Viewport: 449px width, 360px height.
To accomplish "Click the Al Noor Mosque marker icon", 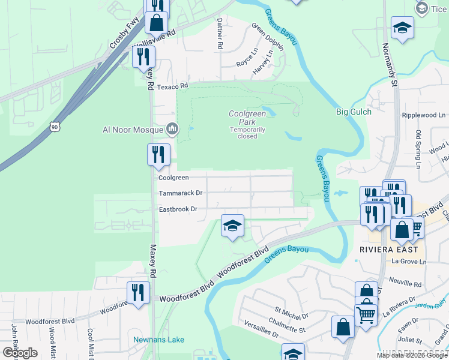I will [172, 129].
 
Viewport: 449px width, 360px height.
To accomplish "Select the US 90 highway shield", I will [55, 127].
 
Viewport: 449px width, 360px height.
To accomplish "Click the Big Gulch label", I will [354, 112].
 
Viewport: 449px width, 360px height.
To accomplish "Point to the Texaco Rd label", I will [173, 87].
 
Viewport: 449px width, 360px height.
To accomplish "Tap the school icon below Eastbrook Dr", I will [233, 226].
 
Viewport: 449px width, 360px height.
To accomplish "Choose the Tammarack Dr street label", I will [181, 193].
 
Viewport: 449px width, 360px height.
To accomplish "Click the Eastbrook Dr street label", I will [178, 209].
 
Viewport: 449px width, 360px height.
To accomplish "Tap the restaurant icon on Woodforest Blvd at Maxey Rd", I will [138, 292].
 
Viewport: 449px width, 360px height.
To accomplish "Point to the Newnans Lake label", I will [158, 340].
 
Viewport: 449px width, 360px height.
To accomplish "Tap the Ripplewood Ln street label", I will [424, 115].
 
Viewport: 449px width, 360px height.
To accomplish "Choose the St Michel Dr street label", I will [291, 313].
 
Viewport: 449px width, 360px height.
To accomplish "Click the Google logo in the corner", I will [20, 352].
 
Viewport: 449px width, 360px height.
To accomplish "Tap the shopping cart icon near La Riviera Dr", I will [366, 313].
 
